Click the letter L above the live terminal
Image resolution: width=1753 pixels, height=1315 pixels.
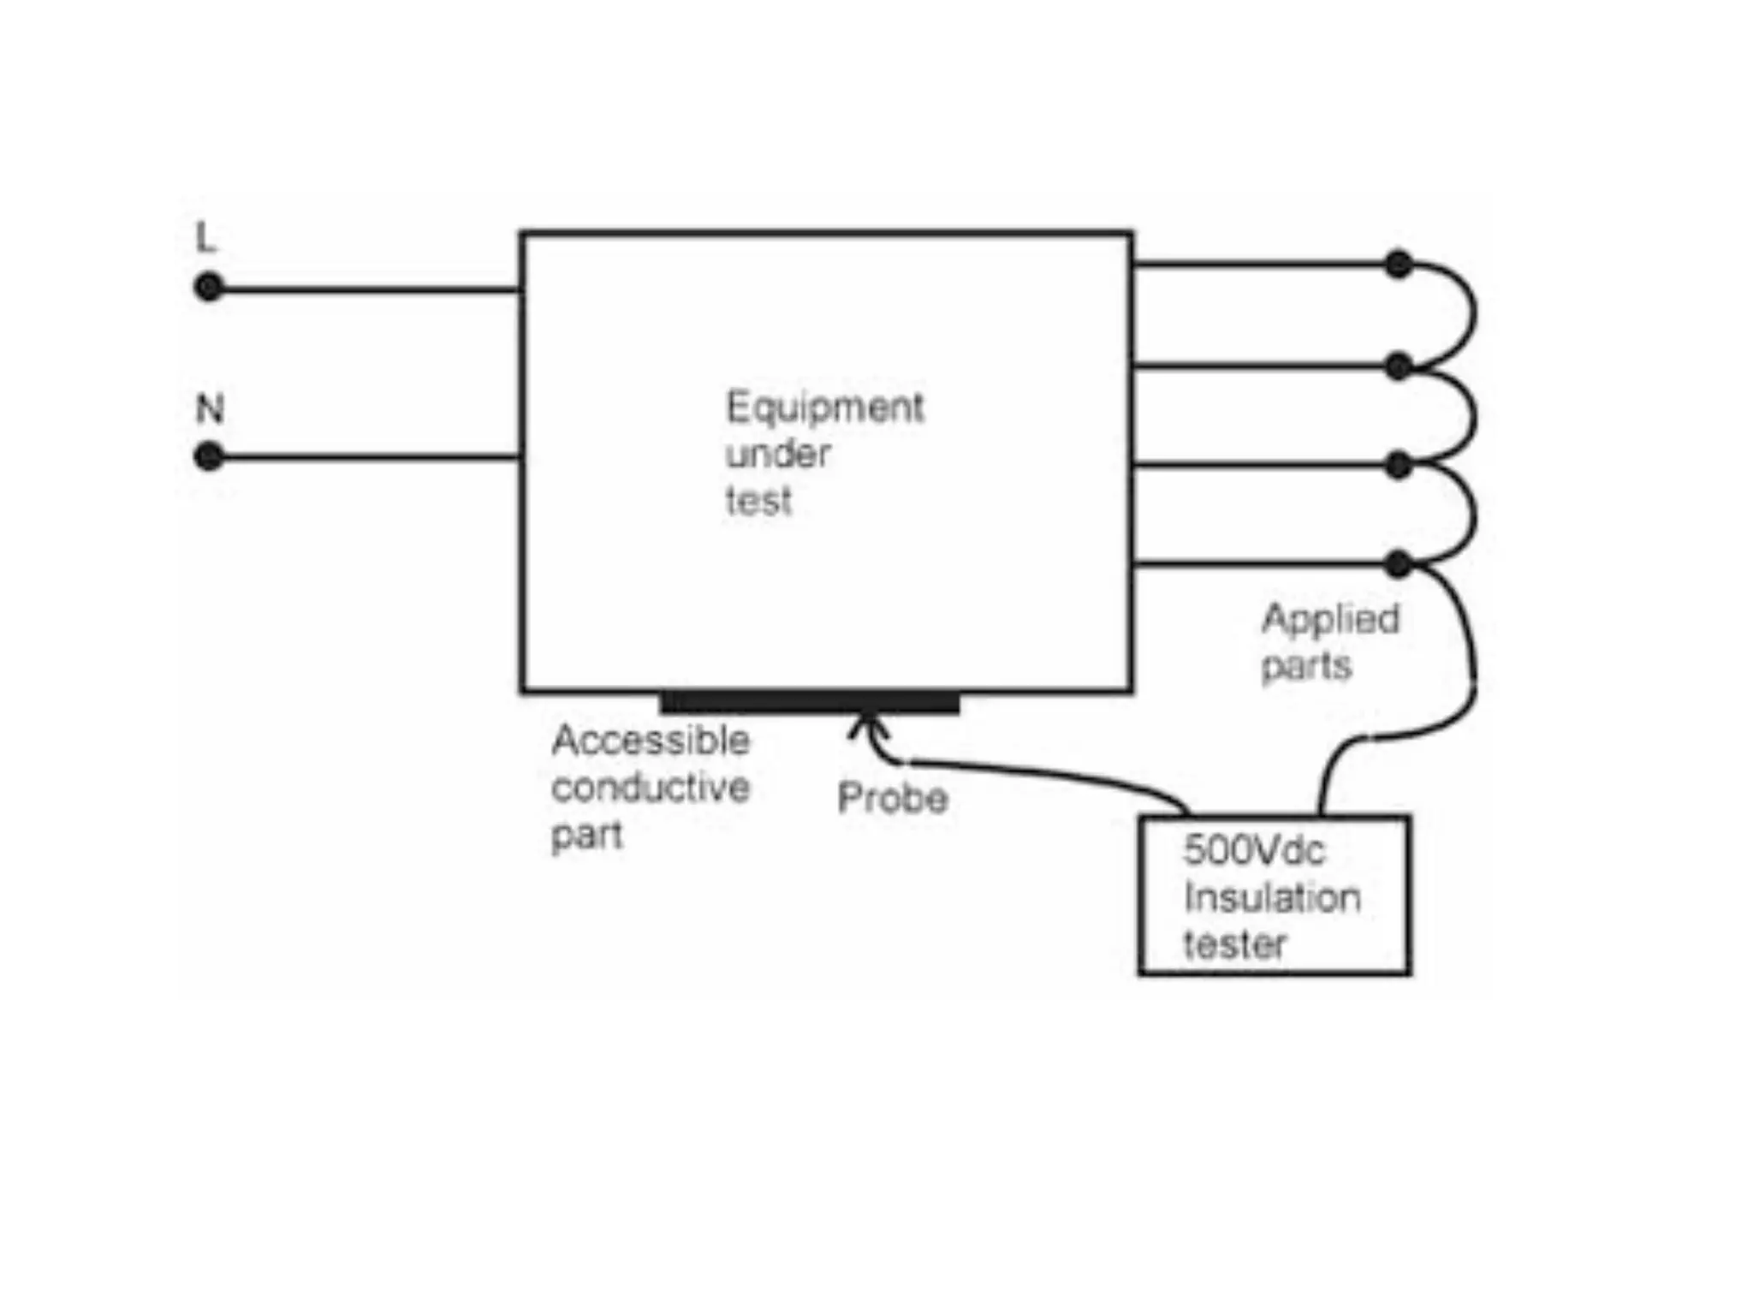tap(206, 237)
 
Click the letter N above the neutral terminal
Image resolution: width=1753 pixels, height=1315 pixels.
tap(210, 409)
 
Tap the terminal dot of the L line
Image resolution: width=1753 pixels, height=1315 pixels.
tap(208, 287)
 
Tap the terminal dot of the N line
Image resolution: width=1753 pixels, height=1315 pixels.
tap(208, 456)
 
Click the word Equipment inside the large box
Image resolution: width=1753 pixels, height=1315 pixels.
tap(824, 408)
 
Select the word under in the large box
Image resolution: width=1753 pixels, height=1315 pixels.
tap(777, 454)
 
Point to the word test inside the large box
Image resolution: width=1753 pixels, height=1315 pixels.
tap(758, 501)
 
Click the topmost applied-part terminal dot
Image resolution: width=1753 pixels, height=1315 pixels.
tap(1398, 265)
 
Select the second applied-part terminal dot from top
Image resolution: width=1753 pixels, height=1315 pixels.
tap(1398, 367)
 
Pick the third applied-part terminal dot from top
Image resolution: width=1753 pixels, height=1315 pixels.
tap(1398, 466)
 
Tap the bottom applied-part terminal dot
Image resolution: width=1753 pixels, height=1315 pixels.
tap(1398, 564)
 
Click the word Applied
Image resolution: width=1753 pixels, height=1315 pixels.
tap(1330, 620)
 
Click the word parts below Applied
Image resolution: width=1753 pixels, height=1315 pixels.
tap(1306, 666)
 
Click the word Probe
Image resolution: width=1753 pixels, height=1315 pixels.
tap(892, 799)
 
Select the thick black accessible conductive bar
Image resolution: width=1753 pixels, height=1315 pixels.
tap(810, 703)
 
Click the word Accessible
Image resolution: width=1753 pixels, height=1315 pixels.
tap(651, 741)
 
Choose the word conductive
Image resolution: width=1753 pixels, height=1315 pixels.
tap(651, 788)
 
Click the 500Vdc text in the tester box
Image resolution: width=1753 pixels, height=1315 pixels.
tap(1253, 850)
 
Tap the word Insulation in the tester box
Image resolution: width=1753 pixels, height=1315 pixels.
tap(1272, 897)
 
